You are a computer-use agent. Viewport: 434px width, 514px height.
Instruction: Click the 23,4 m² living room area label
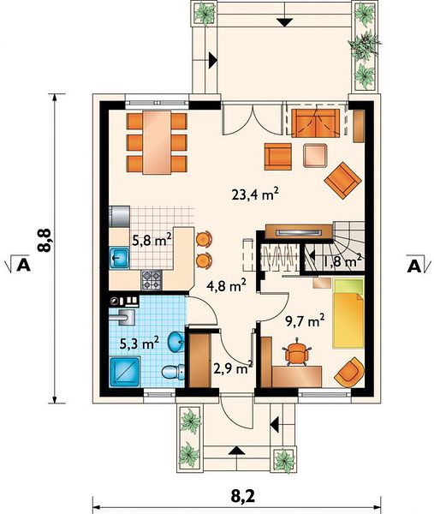(255, 194)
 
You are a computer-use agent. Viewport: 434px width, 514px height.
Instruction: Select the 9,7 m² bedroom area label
(305, 321)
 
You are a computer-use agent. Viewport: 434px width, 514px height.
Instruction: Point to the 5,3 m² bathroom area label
(140, 344)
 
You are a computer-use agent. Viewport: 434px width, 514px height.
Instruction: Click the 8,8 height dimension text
(45, 240)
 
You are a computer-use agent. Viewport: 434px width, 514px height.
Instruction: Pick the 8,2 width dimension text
(243, 497)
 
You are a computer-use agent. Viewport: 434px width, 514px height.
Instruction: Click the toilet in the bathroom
(174, 372)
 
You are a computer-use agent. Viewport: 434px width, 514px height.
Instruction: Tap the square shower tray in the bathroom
(125, 372)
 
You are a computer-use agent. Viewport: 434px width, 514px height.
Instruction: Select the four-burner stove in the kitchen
(152, 280)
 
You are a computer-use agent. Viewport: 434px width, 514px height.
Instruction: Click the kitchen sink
(119, 258)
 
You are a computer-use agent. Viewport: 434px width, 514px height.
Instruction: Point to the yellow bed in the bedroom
(348, 313)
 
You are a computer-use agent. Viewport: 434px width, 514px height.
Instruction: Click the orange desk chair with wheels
(297, 352)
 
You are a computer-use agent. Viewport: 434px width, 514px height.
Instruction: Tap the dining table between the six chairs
(157, 142)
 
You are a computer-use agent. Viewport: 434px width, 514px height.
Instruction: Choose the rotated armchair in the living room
(343, 180)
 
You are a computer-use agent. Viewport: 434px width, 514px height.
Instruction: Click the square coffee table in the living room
(315, 156)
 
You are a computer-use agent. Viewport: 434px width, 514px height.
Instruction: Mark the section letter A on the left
(24, 265)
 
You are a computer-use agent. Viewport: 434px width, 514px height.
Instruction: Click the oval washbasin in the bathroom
(176, 342)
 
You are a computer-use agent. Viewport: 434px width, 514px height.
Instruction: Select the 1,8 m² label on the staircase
(343, 261)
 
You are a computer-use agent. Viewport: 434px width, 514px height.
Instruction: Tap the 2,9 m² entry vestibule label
(233, 368)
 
